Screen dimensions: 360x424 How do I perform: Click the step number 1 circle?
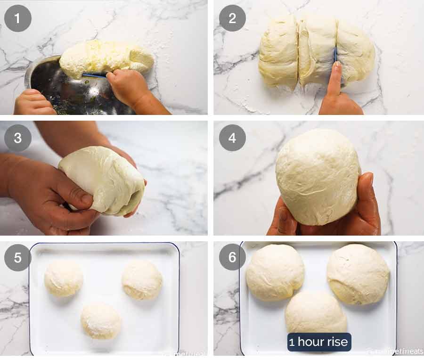pyautogui.click(x=18, y=18)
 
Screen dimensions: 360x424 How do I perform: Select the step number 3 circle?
pyautogui.click(x=18, y=138)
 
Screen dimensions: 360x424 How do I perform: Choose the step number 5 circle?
pyautogui.click(x=18, y=257)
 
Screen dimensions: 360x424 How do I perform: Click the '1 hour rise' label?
pyautogui.click(x=319, y=342)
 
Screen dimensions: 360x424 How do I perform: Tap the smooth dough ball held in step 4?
pyautogui.click(x=318, y=177)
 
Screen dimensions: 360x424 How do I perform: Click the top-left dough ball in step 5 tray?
pyautogui.click(x=64, y=278)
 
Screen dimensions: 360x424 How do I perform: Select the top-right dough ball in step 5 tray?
pyautogui.click(x=142, y=279)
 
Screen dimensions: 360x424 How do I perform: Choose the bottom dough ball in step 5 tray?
pyautogui.click(x=101, y=321)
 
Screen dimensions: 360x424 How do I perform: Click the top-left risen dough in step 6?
pyautogui.click(x=275, y=272)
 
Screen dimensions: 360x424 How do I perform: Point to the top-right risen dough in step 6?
pyautogui.click(x=358, y=273)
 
